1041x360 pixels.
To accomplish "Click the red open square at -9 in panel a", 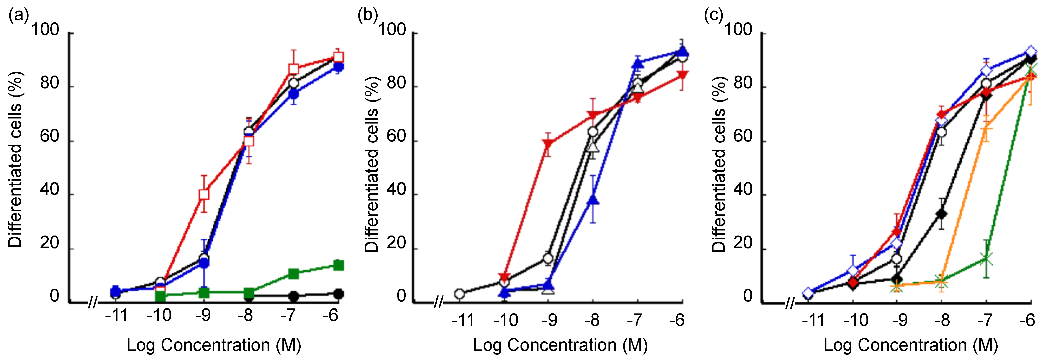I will (x=204, y=194).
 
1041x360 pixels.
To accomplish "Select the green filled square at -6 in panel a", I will (x=339, y=266).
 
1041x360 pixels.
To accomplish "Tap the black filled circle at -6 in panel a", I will (x=339, y=294).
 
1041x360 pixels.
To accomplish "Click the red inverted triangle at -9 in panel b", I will (x=548, y=144).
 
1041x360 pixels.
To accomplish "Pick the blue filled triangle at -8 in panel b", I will (x=593, y=200).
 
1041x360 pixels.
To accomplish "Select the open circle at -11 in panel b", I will (x=459, y=294).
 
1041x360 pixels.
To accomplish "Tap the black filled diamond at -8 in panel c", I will (x=942, y=214).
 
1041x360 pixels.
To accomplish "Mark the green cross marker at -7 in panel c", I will (x=986, y=259).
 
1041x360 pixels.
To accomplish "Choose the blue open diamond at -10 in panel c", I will (x=853, y=270).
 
